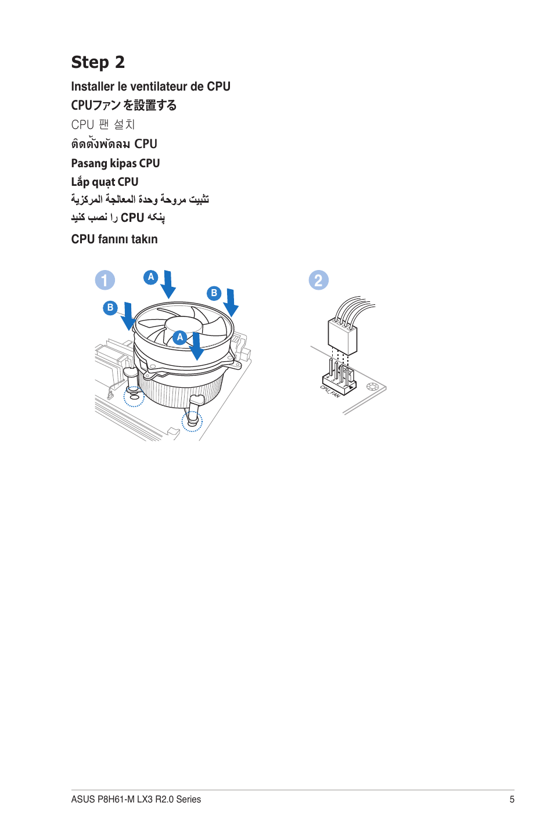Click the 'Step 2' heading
(98, 62)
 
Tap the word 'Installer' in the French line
(92, 87)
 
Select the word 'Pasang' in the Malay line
(89, 164)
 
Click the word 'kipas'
(123, 164)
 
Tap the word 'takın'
(144, 239)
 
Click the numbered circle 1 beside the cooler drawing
(105, 280)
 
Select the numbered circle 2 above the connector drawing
(318, 280)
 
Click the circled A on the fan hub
(180, 337)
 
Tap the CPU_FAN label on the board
(330, 391)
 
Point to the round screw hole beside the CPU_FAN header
(372, 387)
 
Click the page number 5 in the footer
(512, 800)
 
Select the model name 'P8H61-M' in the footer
(116, 800)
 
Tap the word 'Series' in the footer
(188, 800)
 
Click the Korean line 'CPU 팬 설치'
(103, 125)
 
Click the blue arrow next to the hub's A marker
(197, 346)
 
